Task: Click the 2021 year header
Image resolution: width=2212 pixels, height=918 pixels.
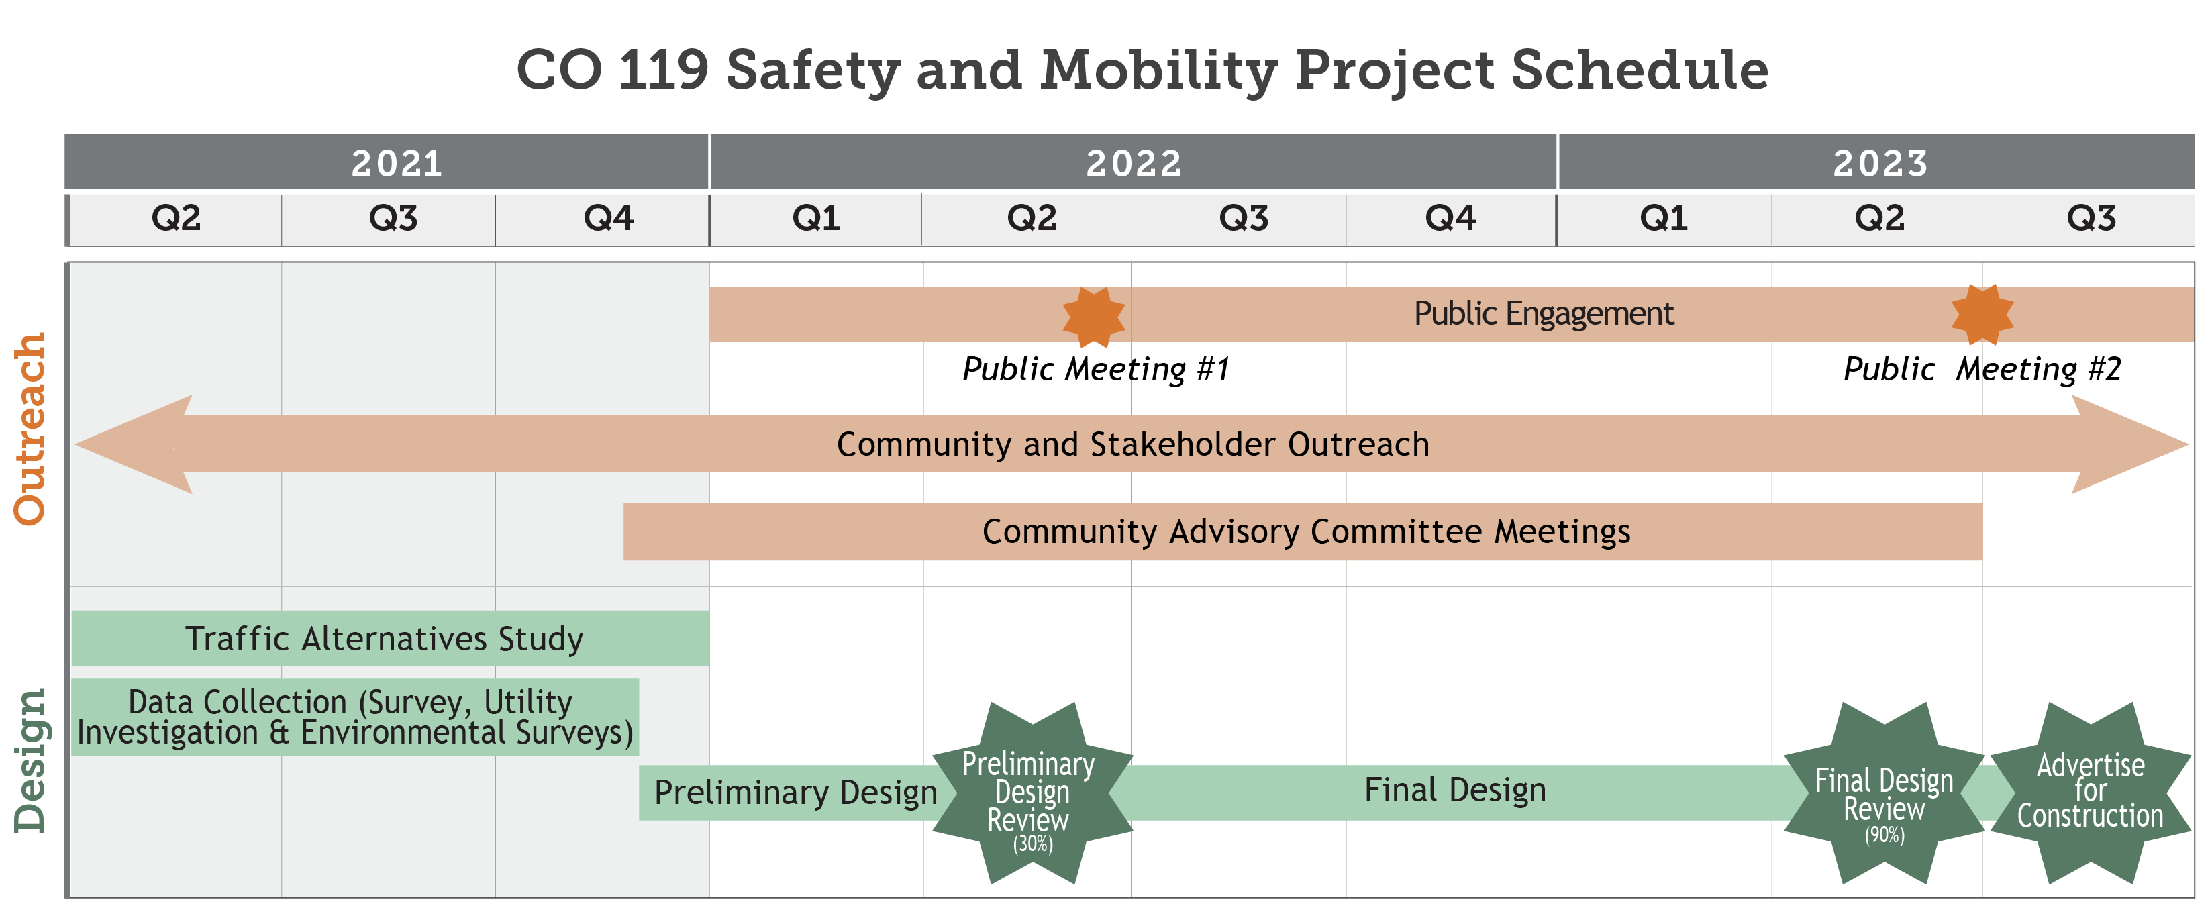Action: pos(396,162)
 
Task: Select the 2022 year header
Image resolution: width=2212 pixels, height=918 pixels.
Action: pos(1133,162)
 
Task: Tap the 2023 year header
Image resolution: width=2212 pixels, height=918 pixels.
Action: pos(1880,162)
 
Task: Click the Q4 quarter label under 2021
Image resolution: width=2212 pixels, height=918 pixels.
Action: pos(608,218)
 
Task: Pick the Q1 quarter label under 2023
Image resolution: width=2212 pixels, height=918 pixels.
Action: pos(1663,218)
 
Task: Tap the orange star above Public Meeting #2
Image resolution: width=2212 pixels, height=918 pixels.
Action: pos(1982,314)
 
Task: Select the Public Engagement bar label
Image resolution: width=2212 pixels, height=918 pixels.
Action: pos(1543,313)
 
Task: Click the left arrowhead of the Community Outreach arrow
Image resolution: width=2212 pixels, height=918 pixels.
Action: pos(138,444)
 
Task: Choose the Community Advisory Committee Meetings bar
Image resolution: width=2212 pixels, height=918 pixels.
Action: pos(1305,531)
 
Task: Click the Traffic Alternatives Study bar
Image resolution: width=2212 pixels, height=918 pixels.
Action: pos(385,639)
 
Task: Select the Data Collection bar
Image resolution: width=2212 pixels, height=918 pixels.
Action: pos(354,717)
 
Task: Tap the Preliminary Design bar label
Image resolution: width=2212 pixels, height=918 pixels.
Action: pos(795,792)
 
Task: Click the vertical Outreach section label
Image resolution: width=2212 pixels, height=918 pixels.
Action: pos(30,429)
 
